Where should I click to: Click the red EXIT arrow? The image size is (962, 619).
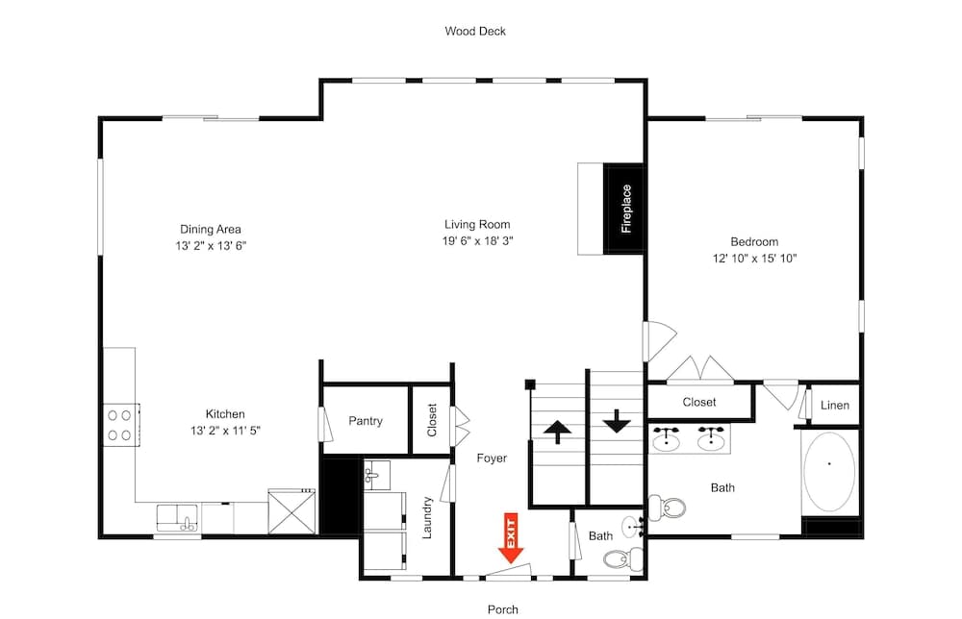pos(511,539)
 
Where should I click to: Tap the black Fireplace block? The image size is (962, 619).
pos(623,209)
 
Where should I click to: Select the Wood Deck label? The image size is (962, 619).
pos(474,31)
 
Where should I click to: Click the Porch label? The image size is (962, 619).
pos(502,608)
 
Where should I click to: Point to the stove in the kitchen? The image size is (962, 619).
pos(119,425)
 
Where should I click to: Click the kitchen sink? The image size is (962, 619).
pos(177,518)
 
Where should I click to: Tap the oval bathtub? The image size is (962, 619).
pos(828,471)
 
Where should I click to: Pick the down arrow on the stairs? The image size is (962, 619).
pos(616,420)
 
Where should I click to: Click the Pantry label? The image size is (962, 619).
pos(366,421)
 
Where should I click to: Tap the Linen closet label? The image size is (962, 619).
pos(834,405)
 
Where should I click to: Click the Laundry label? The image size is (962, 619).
pos(428,516)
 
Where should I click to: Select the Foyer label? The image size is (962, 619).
pos(492,458)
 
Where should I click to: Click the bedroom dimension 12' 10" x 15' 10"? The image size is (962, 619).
pos(754,258)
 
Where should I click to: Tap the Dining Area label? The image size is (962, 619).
pos(211,229)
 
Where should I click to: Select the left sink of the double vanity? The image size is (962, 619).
pos(666,440)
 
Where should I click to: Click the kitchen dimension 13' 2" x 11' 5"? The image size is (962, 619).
pos(224,431)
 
